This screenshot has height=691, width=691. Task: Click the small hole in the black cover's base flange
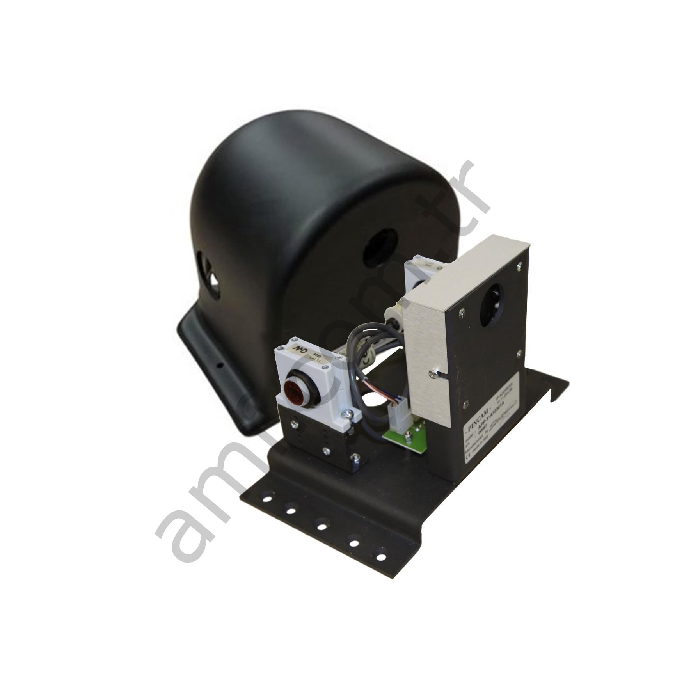pos(220,365)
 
